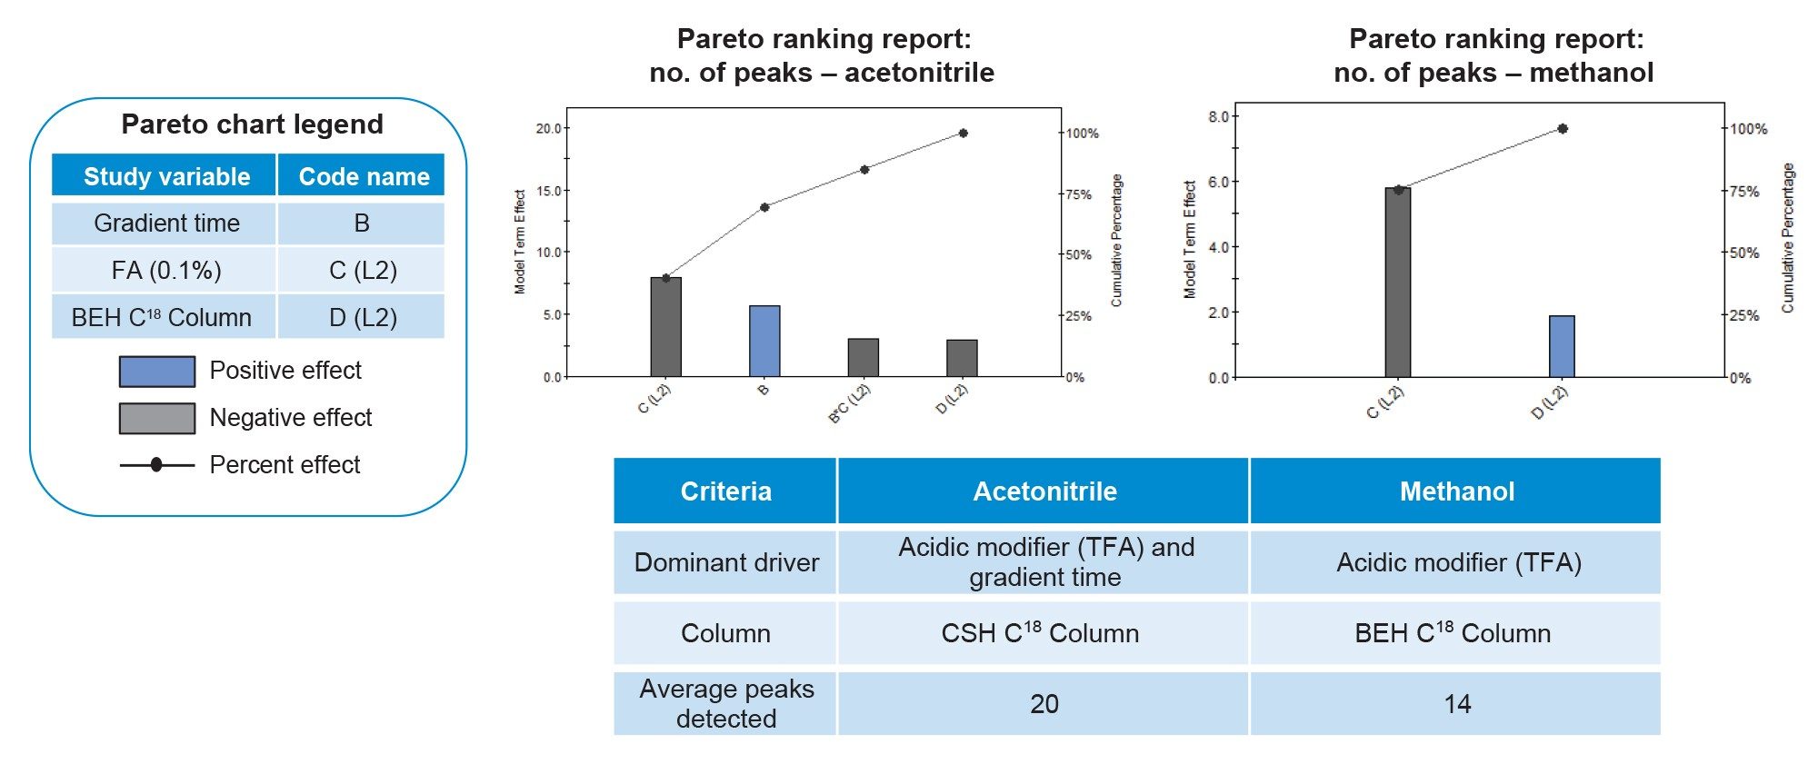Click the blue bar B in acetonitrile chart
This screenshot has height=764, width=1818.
[764, 341]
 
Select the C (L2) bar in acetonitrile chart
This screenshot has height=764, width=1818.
[665, 327]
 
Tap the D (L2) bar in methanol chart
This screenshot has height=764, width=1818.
[1562, 346]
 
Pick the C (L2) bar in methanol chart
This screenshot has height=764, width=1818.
[1398, 283]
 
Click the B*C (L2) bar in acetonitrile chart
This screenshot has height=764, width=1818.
[863, 357]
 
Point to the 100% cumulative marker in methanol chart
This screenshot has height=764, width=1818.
[1563, 129]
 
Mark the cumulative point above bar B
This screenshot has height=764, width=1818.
[764, 207]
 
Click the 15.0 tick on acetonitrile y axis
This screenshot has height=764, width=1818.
[549, 191]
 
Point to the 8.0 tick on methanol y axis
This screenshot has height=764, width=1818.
[1218, 116]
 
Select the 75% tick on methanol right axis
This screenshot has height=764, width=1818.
[1743, 192]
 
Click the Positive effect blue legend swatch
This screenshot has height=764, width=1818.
[157, 372]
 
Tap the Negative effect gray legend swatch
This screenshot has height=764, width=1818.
[157, 419]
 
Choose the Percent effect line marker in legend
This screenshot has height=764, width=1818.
[156, 465]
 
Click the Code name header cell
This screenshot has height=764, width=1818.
[363, 176]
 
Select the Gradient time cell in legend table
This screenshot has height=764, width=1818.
[165, 223]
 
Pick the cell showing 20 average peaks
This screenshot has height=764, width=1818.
[1044, 704]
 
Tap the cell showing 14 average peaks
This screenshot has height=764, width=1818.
[1456, 704]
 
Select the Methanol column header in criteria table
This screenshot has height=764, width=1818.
[1456, 491]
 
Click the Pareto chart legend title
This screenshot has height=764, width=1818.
[253, 124]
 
